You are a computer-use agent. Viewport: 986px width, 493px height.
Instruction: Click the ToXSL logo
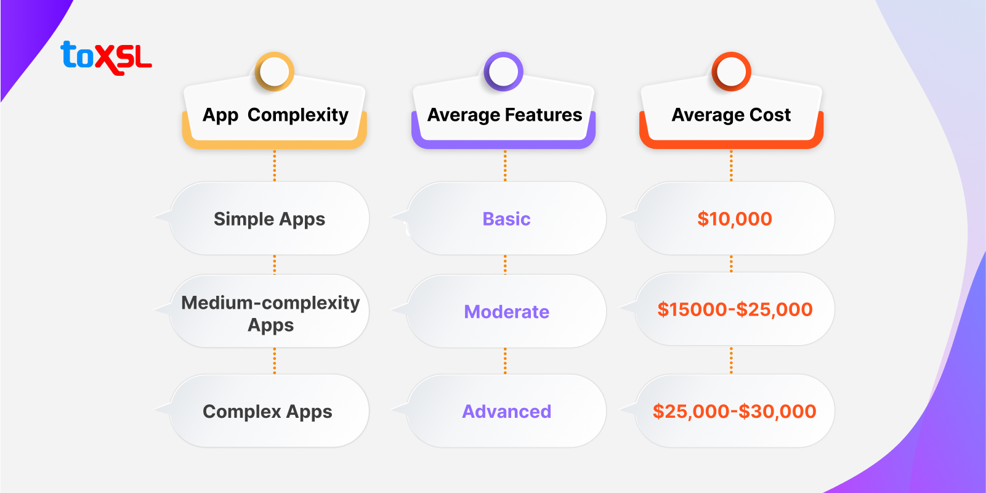tap(106, 57)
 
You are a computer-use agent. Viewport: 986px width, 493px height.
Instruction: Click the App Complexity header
tap(275, 115)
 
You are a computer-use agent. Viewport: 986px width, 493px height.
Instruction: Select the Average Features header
tap(504, 115)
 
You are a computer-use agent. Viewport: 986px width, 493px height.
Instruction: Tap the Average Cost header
tap(731, 115)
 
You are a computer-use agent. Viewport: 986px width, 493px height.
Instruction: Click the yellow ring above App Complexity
tap(275, 71)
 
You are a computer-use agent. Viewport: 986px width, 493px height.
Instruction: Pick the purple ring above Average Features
tap(504, 71)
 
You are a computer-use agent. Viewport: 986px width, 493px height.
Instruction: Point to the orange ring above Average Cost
tap(731, 71)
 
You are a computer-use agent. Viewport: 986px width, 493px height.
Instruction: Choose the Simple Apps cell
tap(270, 219)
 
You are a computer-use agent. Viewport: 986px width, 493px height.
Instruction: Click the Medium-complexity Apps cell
tap(270, 313)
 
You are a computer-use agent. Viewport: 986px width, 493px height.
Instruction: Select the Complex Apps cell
tap(268, 411)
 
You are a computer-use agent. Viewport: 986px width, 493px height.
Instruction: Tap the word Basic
tap(506, 219)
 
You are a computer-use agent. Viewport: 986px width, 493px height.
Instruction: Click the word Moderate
tap(506, 312)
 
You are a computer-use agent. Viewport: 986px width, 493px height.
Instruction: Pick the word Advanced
tap(506, 411)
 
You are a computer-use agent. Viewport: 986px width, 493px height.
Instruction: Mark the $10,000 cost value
tap(734, 219)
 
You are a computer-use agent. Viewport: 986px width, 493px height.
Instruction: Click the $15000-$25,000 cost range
tap(735, 309)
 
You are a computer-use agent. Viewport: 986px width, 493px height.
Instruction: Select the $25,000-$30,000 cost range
tap(734, 411)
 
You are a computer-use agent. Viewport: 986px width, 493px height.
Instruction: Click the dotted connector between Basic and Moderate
tap(505, 264)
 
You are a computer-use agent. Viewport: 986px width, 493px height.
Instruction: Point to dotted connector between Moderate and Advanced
tap(505, 361)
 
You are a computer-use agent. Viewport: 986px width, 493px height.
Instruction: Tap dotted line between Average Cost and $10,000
tap(731, 165)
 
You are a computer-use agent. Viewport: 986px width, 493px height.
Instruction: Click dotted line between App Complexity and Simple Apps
tap(275, 165)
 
